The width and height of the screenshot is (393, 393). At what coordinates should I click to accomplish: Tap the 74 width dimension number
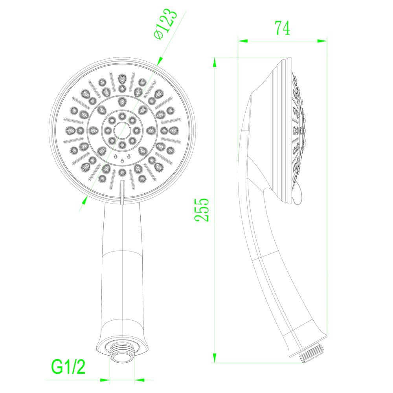point(283,29)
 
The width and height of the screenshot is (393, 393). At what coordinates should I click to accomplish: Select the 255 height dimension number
point(202,210)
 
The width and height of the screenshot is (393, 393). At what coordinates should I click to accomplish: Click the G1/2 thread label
point(68,367)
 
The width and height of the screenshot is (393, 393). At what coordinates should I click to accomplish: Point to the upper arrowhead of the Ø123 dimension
point(159,61)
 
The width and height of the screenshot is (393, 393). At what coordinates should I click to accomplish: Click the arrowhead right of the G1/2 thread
point(139,380)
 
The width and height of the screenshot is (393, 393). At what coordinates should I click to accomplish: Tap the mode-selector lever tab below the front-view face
point(122,193)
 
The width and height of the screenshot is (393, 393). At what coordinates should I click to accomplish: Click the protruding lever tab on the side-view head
point(298,196)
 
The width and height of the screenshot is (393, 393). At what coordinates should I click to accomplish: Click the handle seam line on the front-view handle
point(122,252)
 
